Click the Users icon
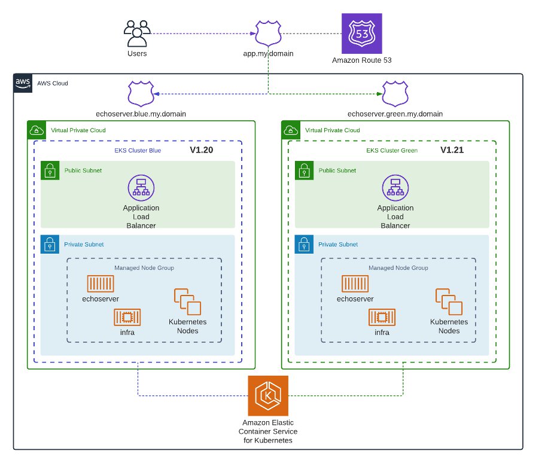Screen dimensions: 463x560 tap(136, 33)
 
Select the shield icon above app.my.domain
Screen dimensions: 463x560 tap(268, 33)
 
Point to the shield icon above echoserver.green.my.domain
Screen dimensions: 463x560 tap(395, 94)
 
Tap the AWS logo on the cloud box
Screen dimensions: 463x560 tap(23, 83)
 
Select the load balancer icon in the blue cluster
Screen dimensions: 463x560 tap(141, 188)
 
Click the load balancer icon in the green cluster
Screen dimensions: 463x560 tap(395, 188)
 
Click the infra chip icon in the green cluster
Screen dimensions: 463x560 tap(382, 317)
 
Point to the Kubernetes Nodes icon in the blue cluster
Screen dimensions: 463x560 tap(187, 302)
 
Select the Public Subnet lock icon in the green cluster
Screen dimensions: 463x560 tap(303, 170)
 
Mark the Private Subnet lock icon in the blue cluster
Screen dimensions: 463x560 tap(49, 244)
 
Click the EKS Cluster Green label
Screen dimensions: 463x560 tap(392, 151)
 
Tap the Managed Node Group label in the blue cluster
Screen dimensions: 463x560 tap(144, 268)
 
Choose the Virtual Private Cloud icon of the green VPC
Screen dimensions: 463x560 tap(290, 130)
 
